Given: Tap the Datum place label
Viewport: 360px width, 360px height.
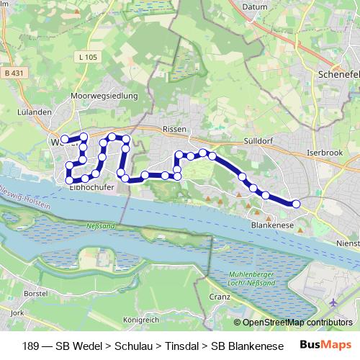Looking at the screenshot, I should [x=258, y=7].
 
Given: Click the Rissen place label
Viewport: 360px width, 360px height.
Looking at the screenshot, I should [x=175, y=129].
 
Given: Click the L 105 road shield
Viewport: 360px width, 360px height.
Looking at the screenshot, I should [x=89, y=57].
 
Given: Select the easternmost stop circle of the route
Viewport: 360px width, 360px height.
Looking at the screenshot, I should [x=295, y=204].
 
